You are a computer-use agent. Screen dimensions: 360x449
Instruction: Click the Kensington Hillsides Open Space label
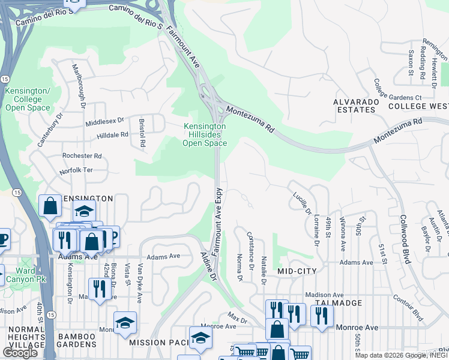(204, 135)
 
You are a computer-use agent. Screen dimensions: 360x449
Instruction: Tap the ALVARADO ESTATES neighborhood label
(357, 106)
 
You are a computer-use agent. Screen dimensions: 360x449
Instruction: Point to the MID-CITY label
(297, 271)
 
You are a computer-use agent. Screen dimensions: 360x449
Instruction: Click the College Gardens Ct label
(398, 90)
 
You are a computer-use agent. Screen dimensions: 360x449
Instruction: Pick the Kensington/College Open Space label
(23, 99)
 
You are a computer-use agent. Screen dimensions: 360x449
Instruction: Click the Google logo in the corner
(20, 353)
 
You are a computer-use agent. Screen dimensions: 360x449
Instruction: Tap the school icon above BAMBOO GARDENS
(125, 323)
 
